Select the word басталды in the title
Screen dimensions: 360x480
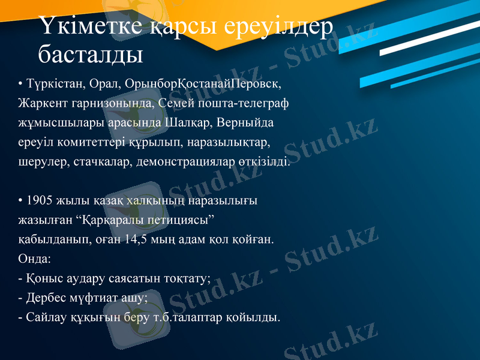point(91,55)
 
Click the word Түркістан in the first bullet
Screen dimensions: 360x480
point(51,82)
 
